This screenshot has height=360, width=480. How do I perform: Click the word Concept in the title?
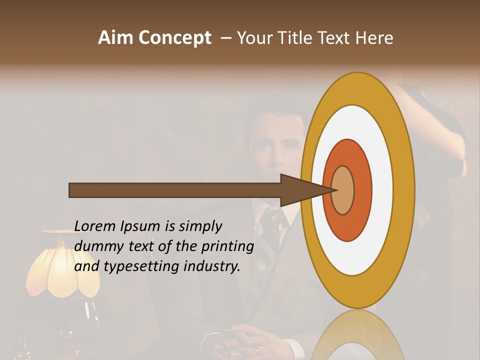click(174, 38)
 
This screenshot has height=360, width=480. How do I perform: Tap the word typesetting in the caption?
click(141, 266)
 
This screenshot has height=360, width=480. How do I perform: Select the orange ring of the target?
click(362, 190)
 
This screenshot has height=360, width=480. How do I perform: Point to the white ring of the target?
click(382, 190)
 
